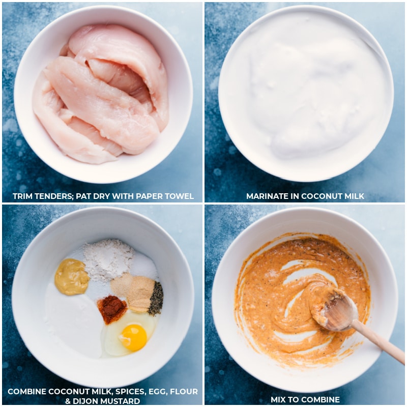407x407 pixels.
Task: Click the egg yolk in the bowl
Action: [x=134, y=337]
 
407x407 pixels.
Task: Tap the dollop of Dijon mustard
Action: [x=72, y=277]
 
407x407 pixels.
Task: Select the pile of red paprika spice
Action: [x=112, y=308]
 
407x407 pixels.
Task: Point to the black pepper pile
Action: [x=156, y=299]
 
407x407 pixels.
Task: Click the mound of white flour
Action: [x=108, y=258]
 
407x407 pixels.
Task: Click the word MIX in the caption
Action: [x=279, y=399]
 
